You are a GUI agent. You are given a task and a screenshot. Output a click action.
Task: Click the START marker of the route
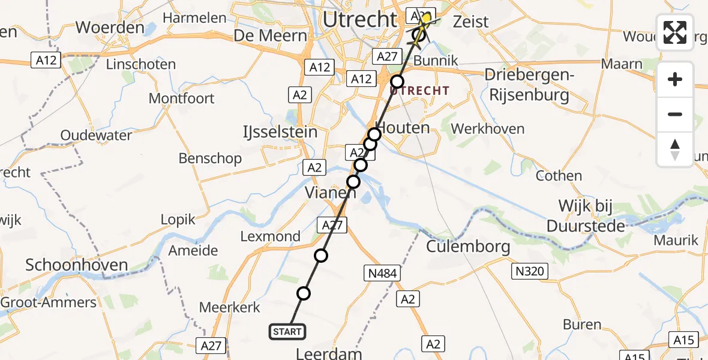pyautogui.click(x=287, y=332)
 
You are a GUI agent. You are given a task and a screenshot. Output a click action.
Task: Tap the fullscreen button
pyautogui.click(x=675, y=32)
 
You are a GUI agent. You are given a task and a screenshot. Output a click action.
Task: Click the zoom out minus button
pyautogui.click(x=675, y=114)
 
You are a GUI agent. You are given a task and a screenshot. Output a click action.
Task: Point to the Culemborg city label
pyautogui.click(x=468, y=246)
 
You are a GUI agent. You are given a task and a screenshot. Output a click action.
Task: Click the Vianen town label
pyautogui.click(x=331, y=193)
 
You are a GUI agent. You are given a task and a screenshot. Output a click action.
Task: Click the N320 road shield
pyautogui.click(x=530, y=272)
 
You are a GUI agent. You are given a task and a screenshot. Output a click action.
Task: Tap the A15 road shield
pyautogui.click(x=683, y=341)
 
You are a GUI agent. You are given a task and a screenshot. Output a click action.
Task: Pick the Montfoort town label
pyautogui.click(x=181, y=98)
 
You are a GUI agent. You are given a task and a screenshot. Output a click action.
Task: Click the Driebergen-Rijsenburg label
pyautogui.click(x=529, y=85)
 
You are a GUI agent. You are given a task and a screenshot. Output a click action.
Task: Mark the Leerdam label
pyautogui.click(x=330, y=353)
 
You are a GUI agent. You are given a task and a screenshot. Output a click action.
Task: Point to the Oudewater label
pyautogui.click(x=96, y=135)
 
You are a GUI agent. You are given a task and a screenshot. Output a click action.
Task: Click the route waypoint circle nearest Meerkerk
pyautogui.click(x=304, y=293)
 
